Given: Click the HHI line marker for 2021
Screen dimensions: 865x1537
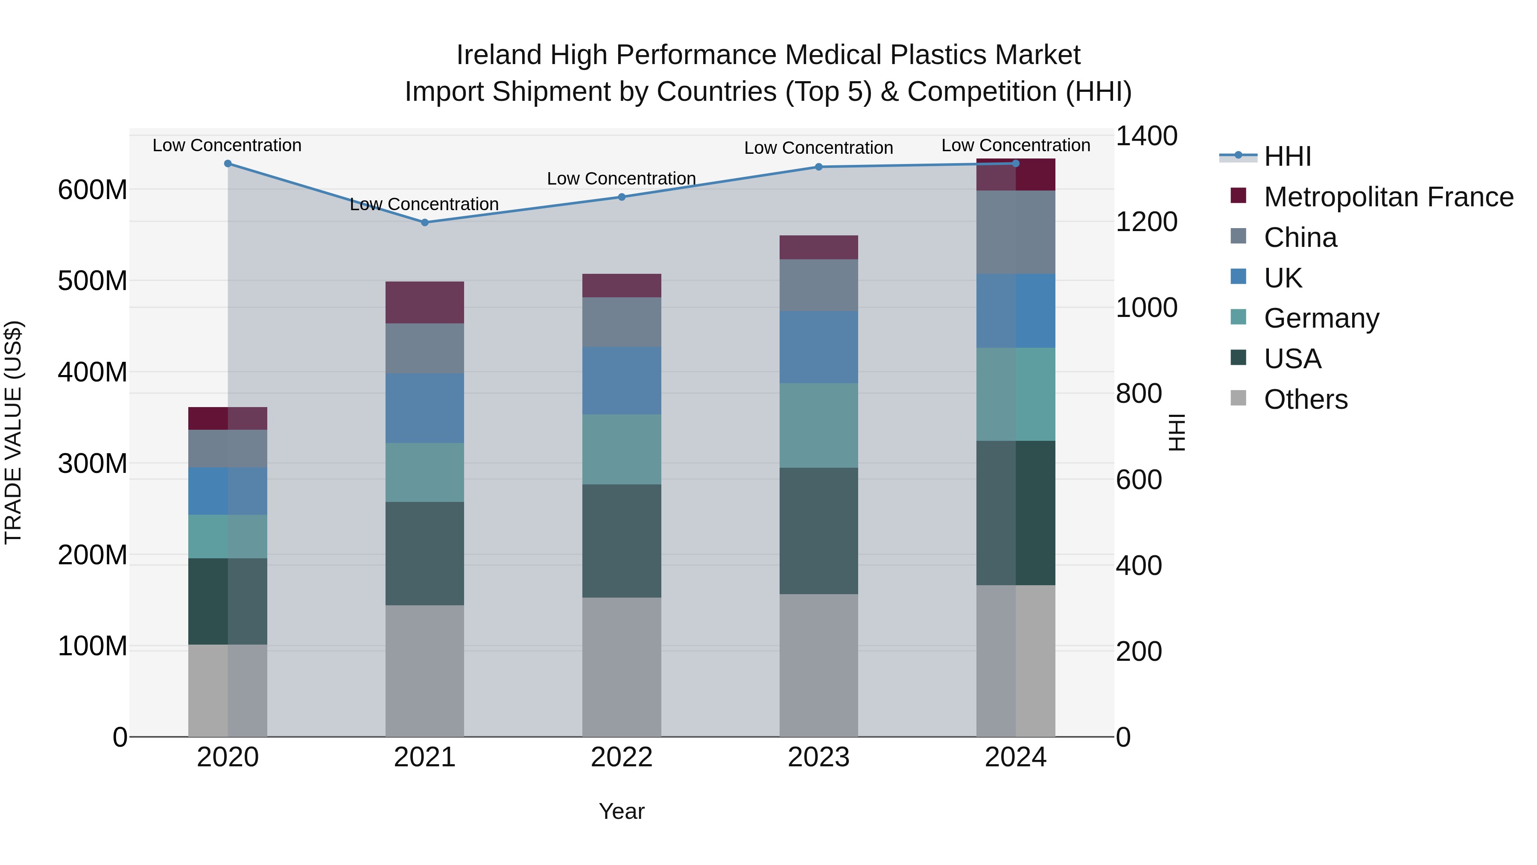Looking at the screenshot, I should coord(425,223).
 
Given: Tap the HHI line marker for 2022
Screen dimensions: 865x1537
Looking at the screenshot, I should coord(622,197).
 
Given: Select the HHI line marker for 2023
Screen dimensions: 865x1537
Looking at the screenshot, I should coord(818,167).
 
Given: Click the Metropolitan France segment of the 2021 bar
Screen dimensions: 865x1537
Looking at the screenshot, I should coord(425,303).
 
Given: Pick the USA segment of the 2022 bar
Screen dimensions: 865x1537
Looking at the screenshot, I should coord(622,541).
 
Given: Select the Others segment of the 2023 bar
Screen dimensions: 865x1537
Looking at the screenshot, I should coord(818,665).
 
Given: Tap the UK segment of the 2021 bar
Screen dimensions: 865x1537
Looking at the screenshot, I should coord(425,408).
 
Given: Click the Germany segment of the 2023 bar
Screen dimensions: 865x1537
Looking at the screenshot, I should coord(818,425).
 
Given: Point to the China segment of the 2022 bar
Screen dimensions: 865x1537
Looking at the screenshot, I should coord(622,323).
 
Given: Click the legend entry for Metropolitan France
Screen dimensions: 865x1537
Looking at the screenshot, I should coord(1388,197).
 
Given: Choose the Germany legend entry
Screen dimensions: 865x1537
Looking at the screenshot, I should coord(1321,318).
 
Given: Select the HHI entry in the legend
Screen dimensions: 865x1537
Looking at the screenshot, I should coord(1287,156).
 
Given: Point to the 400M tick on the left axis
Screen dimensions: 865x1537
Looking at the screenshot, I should coord(93,372).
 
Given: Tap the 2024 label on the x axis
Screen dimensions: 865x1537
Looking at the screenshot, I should coord(1016,757).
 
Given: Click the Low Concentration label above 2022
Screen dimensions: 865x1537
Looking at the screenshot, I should coord(621,179).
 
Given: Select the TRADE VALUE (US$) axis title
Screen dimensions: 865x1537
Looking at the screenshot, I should coord(13,432).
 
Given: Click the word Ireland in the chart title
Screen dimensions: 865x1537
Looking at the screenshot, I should coord(500,55).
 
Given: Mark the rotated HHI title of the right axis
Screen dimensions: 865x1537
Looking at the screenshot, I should coord(1177,432).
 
